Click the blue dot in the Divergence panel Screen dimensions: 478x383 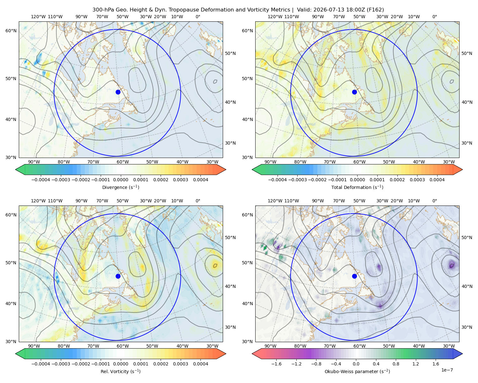click(x=118, y=92)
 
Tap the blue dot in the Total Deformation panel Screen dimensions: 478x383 click(x=354, y=92)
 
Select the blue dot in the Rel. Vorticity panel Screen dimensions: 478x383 click(x=118, y=276)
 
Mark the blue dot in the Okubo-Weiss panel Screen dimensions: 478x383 click(x=354, y=276)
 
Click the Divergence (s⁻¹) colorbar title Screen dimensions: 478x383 click(x=120, y=187)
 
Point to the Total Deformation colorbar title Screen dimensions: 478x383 click(x=357, y=187)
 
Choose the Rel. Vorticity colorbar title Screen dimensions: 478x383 click(x=120, y=372)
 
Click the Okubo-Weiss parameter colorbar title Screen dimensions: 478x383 click(x=357, y=372)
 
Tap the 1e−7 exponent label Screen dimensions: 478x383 click(x=447, y=370)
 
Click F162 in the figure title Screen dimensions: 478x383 click(x=375, y=10)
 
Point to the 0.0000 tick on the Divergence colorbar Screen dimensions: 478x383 click(x=120, y=180)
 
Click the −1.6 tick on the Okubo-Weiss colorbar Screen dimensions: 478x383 click(x=277, y=364)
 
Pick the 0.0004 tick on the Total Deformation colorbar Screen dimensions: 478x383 click(x=437, y=180)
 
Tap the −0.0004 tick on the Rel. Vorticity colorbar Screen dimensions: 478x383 click(x=41, y=364)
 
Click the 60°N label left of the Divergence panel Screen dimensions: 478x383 click(x=11, y=31)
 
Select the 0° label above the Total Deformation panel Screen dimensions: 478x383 click(x=434, y=17)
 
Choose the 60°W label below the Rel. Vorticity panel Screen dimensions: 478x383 click(x=123, y=346)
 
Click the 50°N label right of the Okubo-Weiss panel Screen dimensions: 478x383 click(x=467, y=237)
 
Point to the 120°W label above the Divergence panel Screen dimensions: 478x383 click(x=38, y=17)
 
